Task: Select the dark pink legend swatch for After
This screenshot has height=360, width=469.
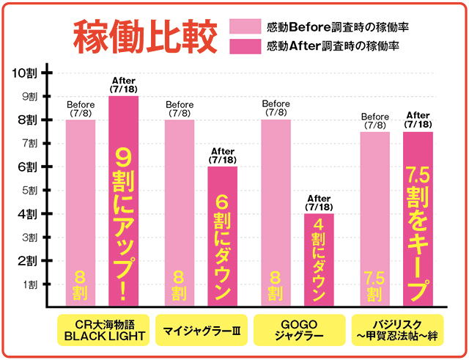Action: point(246,45)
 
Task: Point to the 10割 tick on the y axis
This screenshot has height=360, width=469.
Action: point(29,72)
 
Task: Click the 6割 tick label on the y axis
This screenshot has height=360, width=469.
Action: point(29,166)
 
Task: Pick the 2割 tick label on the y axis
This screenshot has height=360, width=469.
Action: point(29,260)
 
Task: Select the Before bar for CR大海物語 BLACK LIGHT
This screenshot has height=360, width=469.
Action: point(80,213)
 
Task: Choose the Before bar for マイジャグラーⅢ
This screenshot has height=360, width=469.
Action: point(179,213)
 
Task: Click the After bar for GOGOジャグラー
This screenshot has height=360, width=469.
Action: point(319,260)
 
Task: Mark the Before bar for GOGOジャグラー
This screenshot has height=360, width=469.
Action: point(276,213)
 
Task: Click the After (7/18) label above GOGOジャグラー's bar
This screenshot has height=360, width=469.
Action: point(319,202)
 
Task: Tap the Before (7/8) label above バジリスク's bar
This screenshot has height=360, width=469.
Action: point(374,121)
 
